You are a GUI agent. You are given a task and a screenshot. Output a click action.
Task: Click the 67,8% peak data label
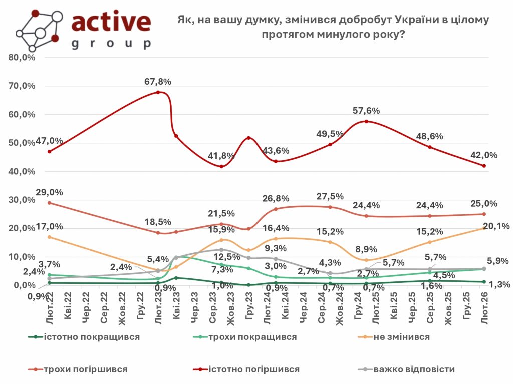coord(158,82)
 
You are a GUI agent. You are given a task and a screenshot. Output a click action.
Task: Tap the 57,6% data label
coord(367,111)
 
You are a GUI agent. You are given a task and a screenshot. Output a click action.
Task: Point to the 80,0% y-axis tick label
coord(22,57)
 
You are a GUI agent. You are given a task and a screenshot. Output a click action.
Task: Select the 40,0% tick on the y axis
coord(22,171)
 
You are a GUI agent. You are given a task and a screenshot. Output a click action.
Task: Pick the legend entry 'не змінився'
coord(401,336)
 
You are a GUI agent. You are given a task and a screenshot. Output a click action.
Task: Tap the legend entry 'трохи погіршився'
coord(85,369)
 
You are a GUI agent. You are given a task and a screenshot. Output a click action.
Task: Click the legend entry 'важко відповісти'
coord(413,369)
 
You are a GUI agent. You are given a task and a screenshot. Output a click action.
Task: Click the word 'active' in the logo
coord(111,22)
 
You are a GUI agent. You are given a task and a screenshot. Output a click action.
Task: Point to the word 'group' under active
coord(111,44)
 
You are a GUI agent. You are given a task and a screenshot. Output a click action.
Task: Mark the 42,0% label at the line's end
coord(484,155)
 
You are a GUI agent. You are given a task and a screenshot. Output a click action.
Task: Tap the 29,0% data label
coord(49,192)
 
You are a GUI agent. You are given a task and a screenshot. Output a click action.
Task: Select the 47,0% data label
coord(49,141)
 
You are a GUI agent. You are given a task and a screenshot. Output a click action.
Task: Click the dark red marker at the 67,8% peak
coord(158,92)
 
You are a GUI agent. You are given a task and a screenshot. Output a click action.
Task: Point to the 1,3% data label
coord(499,285)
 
